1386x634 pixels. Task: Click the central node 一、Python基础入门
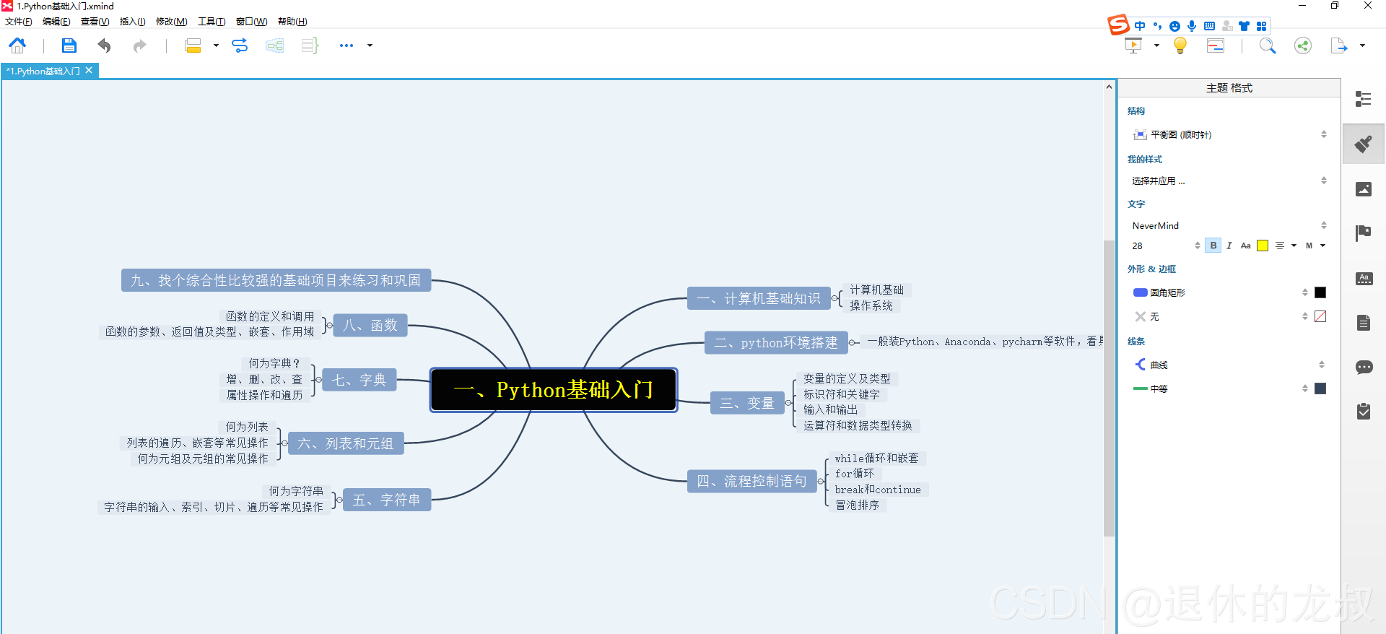point(554,390)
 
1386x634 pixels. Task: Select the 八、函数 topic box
point(370,326)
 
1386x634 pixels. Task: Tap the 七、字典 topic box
point(359,380)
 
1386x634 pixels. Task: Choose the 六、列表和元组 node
point(345,443)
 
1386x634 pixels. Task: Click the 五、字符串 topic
point(386,500)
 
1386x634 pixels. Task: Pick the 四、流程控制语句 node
point(751,481)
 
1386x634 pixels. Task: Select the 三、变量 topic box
point(747,403)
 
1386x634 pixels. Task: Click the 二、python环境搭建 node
point(775,342)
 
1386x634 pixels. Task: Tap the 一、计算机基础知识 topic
point(758,298)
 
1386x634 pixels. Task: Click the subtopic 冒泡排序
point(857,505)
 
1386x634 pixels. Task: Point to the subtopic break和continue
point(878,490)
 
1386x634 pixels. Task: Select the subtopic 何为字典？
point(274,363)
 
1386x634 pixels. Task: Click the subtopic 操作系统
point(871,305)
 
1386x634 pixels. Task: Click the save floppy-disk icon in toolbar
point(69,45)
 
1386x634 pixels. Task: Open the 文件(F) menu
point(19,22)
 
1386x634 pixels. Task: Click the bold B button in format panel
point(1213,246)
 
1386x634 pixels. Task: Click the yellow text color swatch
point(1263,246)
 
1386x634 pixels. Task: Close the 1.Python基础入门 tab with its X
point(89,70)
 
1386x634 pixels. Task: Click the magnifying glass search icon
point(1267,45)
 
